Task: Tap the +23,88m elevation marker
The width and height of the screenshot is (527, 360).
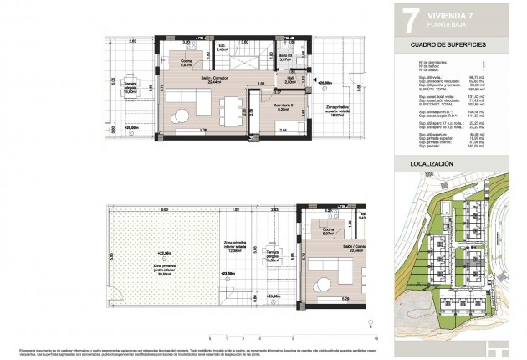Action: (228, 273)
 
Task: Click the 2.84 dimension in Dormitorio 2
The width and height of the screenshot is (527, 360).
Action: (284, 131)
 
